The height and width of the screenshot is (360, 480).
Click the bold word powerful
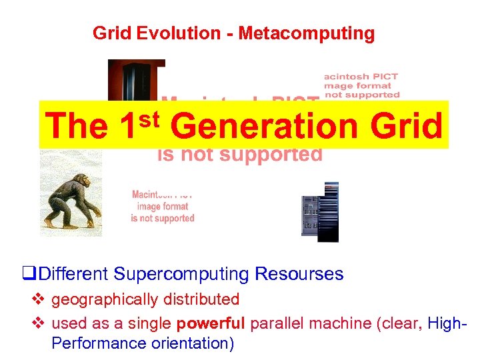tap(211, 323)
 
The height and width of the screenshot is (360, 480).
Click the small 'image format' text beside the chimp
tap(163, 207)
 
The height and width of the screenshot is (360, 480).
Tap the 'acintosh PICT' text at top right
tap(361, 76)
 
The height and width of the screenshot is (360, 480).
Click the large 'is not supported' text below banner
tap(240, 155)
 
